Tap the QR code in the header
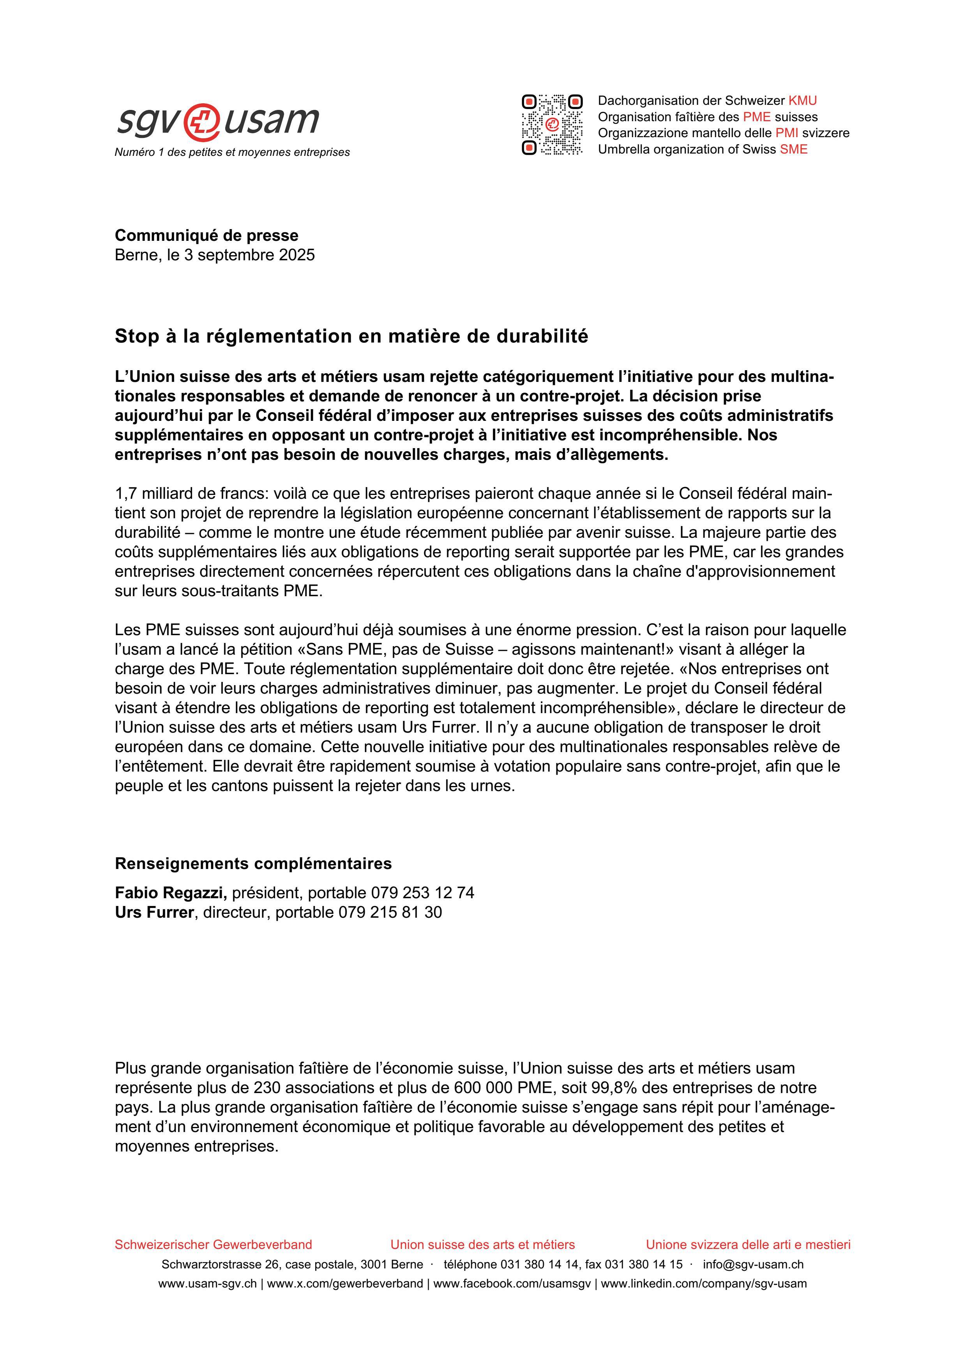(x=552, y=124)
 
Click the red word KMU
(x=802, y=101)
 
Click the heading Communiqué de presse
(x=207, y=235)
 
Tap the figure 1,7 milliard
(x=155, y=494)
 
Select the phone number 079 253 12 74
(x=422, y=893)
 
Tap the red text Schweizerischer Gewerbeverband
(x=213, y=1245)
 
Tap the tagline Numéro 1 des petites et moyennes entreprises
(x=232, y=152)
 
